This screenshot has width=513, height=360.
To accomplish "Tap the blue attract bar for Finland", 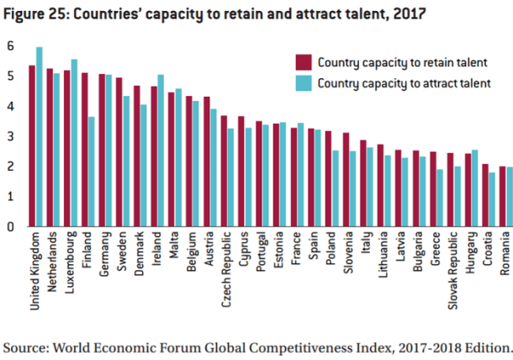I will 91,172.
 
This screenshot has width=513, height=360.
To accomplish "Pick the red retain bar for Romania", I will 502,197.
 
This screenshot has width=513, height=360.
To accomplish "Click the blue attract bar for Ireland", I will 160,151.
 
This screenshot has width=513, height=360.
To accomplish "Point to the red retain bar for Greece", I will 432,189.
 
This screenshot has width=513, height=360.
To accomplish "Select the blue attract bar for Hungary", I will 474,188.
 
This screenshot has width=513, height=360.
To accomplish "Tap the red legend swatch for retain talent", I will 303,61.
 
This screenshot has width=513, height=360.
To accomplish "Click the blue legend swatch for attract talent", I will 303,82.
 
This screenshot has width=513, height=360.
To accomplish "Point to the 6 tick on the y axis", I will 10,46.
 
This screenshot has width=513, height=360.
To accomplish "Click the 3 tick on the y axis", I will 10,136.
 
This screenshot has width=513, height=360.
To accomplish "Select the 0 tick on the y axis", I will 10,226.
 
